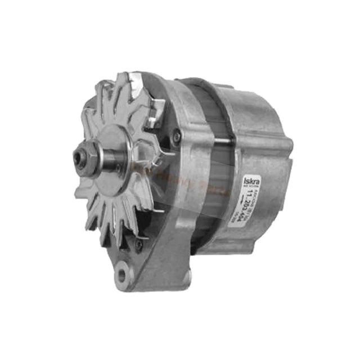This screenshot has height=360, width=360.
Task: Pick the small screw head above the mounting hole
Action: click(x=138, y=244)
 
